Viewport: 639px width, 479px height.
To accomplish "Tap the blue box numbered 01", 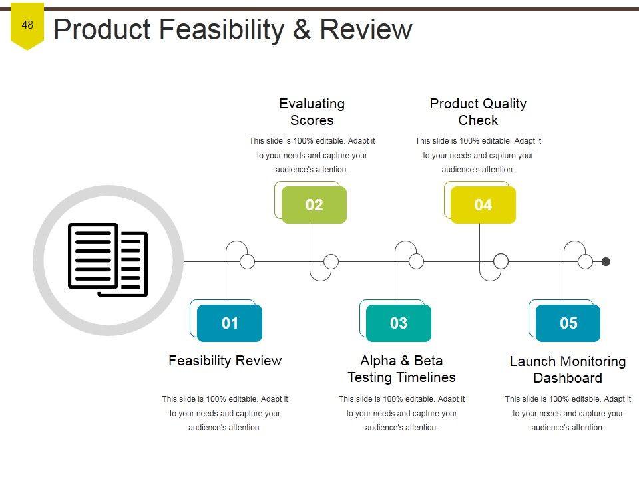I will tap(230, 323).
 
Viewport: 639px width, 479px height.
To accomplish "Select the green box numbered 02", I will tap(314, 205).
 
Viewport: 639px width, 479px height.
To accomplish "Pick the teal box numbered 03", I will tap(399, 323).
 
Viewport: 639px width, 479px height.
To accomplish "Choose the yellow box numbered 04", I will tap(483, 205).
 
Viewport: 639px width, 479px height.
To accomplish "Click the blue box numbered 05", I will tap(568, 323).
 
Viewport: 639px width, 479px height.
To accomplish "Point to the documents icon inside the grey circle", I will tap(108, 260).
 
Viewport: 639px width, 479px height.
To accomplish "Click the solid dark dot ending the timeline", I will tap(606, 261).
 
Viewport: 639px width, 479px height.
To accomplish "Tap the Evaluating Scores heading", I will tap(312, 112).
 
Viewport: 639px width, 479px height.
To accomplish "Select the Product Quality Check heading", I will tap(478, 112).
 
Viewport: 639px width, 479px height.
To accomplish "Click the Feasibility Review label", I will tap(225, 361).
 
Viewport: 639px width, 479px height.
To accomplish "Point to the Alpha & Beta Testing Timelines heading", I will tap(401, 369).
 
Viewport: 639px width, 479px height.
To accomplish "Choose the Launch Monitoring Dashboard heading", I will tap(568, 369).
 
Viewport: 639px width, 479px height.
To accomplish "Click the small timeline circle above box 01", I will tap(247, 261).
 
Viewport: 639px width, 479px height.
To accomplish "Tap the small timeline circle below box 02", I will tap(331, 261).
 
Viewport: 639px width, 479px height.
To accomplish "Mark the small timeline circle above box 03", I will tap(416, 261).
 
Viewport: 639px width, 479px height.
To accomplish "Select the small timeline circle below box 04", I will tap(501, 261).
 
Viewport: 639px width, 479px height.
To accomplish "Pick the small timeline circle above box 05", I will tap(585, 261).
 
